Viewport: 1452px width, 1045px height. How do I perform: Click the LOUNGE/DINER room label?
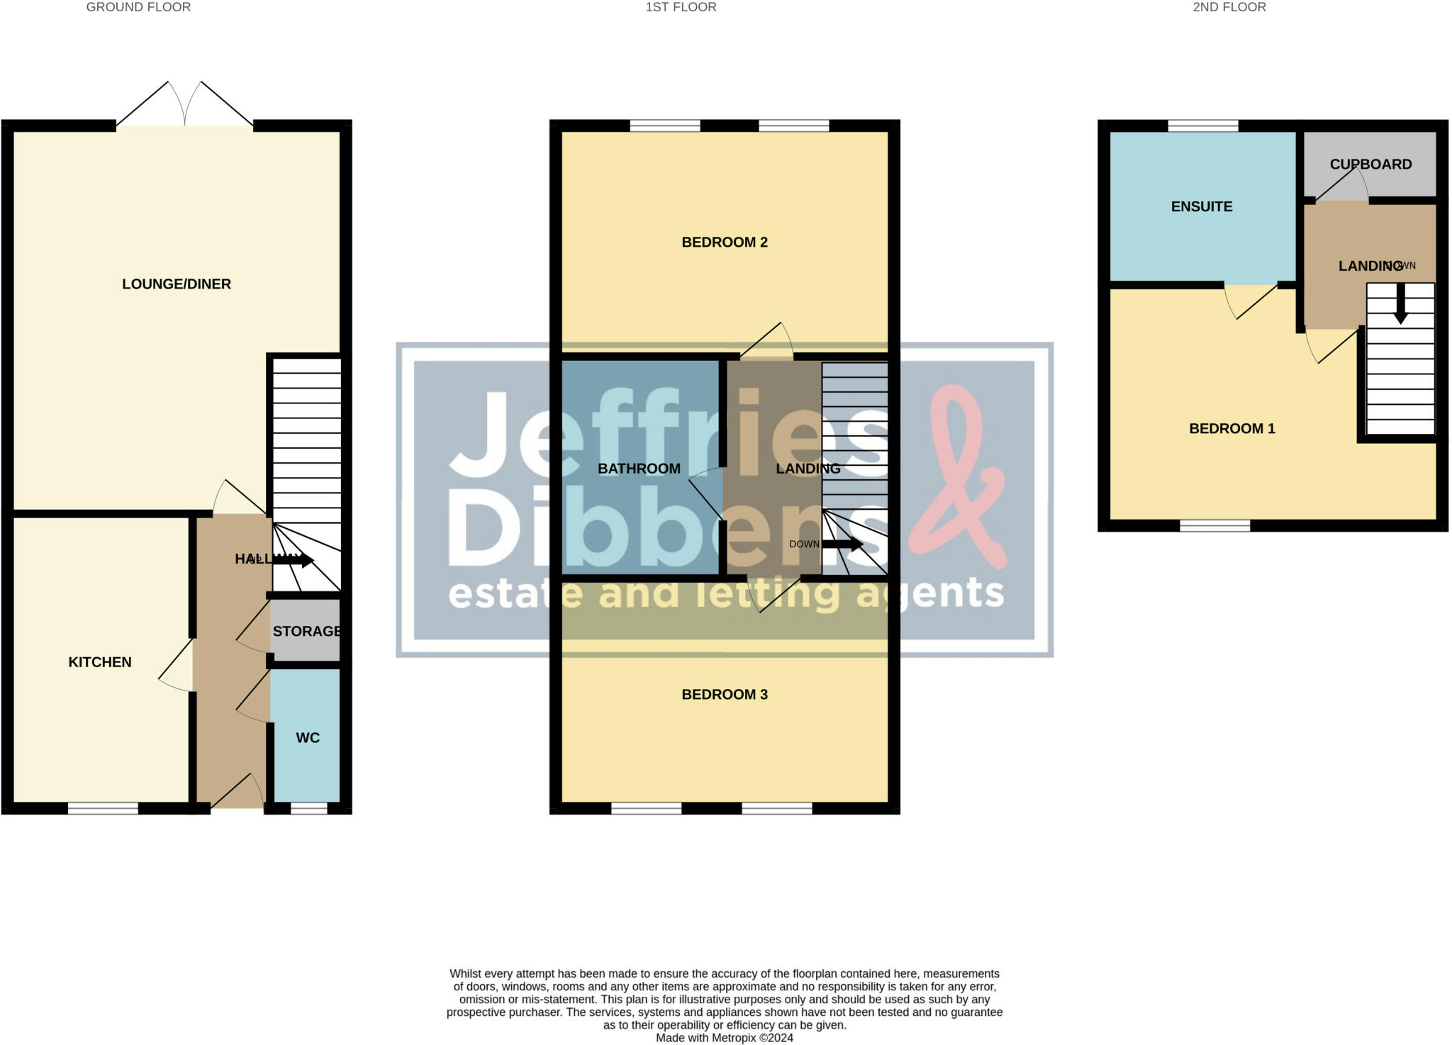(177, 284)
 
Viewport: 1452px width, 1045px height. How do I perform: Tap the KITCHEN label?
(100, 662)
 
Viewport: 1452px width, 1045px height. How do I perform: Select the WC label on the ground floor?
(308, 738)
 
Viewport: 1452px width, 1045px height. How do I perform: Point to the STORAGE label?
(306, 631)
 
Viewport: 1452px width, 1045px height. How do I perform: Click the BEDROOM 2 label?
(725, 242)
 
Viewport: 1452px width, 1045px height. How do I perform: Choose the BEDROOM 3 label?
(725, 695)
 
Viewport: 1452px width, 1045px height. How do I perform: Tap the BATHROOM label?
(639, 469)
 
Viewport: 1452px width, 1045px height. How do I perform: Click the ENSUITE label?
(1202, 207)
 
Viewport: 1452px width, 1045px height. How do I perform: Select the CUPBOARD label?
(1370, 164)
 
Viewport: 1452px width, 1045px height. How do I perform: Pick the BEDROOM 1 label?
(1232, 429)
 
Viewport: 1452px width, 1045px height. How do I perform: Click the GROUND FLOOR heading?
(138, 7)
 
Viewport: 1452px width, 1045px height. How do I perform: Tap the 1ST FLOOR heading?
(681, 7)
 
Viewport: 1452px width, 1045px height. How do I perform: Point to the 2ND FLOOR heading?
(1229, 7)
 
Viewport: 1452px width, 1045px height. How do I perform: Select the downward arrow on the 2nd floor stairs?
(1400, 304)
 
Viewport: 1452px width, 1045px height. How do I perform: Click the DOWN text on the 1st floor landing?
(804, 544)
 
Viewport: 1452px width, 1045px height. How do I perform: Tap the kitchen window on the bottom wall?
(103, 808)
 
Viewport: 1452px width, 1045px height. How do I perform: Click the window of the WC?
(309, 808)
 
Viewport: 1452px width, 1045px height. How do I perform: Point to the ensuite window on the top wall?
(1203, 126)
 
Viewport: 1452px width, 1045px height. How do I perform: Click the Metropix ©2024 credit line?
(724, 1038)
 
